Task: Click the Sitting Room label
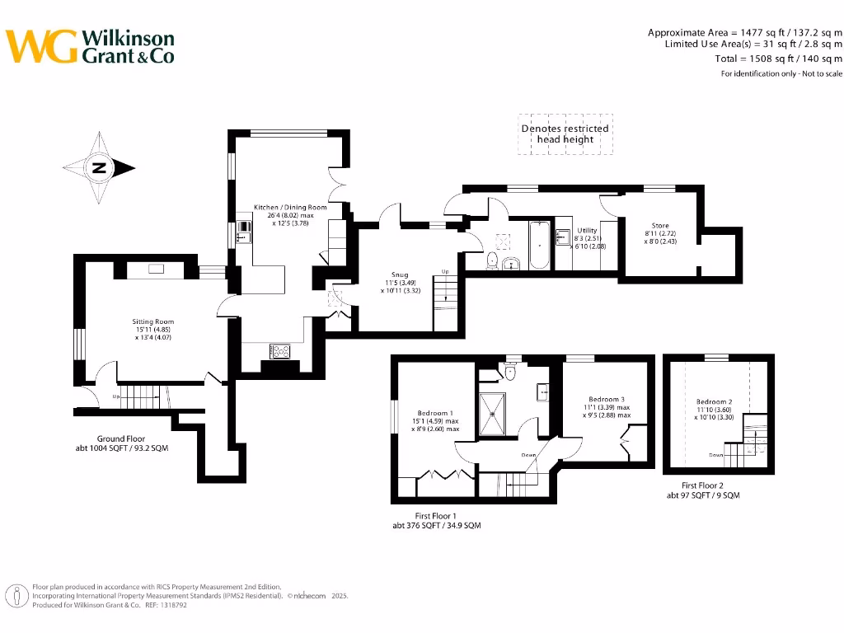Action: (x=153, y=321)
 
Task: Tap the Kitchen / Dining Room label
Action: (x=290, y=207)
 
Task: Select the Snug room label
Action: (x=400, y=274)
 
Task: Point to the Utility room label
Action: (x=587, y=231)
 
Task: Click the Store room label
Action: (x=660, y=226)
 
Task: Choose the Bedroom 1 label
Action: (x=435, y=413)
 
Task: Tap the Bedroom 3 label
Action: (x=607, y=400)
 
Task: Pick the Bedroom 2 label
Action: (x=715, y=401)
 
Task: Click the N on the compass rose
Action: (x=99, y=168)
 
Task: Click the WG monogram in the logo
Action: (x=41, y=46)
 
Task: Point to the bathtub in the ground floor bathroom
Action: (x=539, y=245)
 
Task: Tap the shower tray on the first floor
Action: (x=492, y=414)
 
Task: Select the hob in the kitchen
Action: (x=280, y=351)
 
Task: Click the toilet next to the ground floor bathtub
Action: (x=492, y=260)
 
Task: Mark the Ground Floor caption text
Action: (x=121, y=438)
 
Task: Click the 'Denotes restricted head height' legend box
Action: (x=565, y=134)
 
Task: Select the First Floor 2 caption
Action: (x=702, y=485)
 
